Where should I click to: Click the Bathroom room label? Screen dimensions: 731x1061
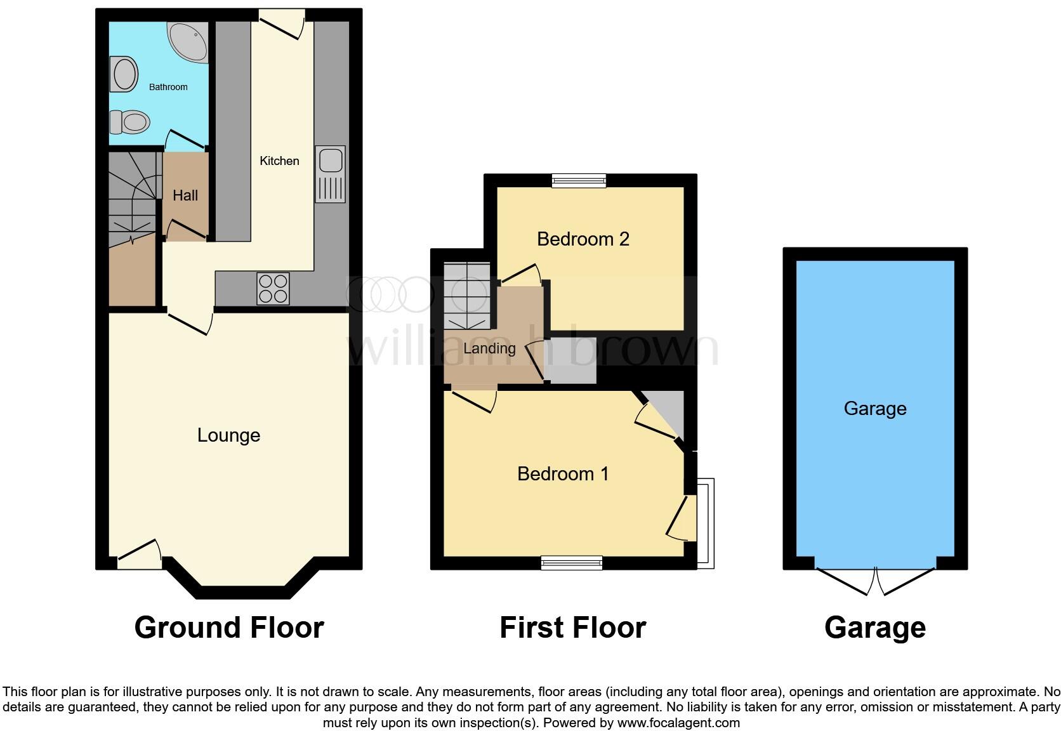(x=168, y=87)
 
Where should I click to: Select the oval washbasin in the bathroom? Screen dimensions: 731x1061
(x=125, y=74)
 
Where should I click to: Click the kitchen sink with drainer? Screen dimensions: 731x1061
(x=331, y=174)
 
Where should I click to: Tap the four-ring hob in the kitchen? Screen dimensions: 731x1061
(x=273, y=288)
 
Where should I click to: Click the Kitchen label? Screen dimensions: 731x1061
(x=279, y=161)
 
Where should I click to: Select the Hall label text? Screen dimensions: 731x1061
(x=185, y=195)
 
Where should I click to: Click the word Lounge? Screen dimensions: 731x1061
(x=228, y=435)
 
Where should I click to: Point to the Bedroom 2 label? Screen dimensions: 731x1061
(x=583, y=239)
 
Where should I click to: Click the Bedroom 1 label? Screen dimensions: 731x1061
(x=563, y=474)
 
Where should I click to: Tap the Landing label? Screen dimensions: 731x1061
(x=489, y=348)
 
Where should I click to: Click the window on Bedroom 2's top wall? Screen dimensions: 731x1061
(x=578, y=181)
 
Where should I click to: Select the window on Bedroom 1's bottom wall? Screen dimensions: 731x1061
(x=571, y=562)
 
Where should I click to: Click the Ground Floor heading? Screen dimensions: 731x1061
(x=229, y=628)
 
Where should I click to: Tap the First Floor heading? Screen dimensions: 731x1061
(x=572, y=628)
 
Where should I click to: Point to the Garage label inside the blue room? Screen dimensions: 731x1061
(x=874, y=409)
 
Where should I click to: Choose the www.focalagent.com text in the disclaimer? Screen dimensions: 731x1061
(x=678, y=723)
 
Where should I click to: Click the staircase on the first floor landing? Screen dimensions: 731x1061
(x=467, y=296)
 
